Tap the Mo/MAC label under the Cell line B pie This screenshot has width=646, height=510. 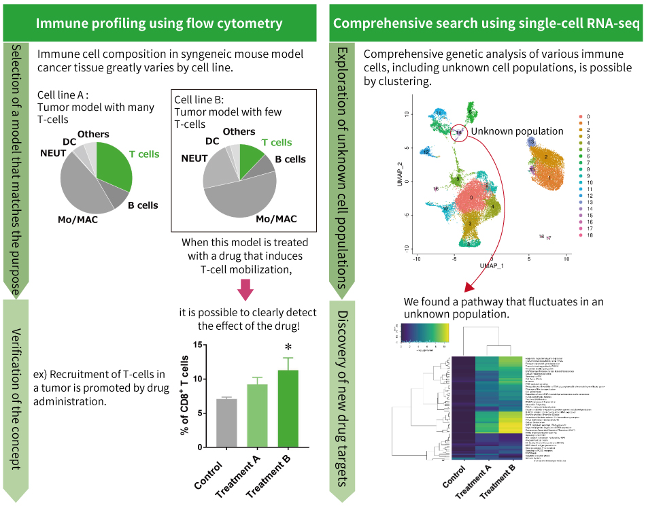[277, 218]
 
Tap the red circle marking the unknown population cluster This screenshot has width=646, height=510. [459, 133]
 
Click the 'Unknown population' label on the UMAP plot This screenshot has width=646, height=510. [517, 131]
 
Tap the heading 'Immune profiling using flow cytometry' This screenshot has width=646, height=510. [159, 23]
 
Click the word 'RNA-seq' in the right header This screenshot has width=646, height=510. [614, 23]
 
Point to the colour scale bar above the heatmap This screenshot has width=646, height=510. [424, 331]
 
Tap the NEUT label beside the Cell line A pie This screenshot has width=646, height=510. [52, 154]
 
